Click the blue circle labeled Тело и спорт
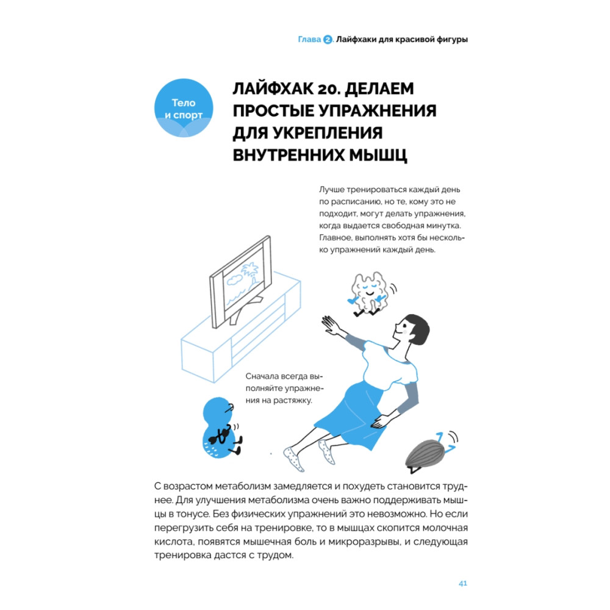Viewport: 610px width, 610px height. pyautogui.click(x=184, y=108)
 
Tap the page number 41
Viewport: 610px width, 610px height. pyautogui.click(x=462, y=583)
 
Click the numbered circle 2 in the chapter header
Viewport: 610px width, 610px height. pyautogui.click(x=328, y=39)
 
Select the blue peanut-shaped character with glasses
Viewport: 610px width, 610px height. pyautogui.click(x=220, y=428)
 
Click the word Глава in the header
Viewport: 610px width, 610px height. pyautogui.click(x=309, y=39)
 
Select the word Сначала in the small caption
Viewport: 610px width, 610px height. pyautogui.click(x=264, y=376)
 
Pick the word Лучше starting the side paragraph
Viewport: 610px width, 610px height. pyautogui.click(x=332, y=190)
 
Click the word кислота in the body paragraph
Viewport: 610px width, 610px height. pyautogui.click(x=173, y=542)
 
